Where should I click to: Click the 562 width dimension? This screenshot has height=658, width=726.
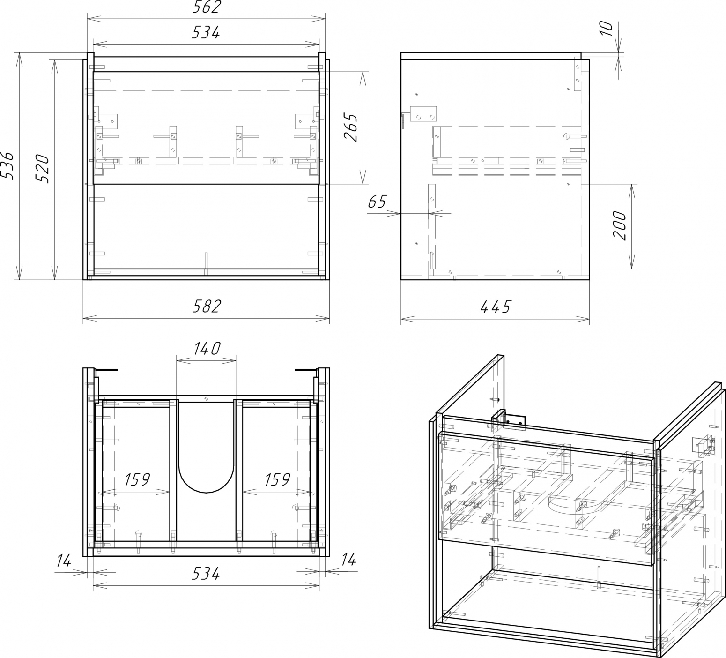point(206,8)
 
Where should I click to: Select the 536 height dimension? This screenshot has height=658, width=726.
point(8,166)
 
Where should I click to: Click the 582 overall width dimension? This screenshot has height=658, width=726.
point(206,307)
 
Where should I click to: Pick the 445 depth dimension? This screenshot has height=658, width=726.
point(495,307)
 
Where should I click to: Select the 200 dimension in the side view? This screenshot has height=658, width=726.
point(619,226)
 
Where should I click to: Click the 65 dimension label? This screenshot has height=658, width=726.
point(377,202)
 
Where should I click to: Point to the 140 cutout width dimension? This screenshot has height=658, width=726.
point(206,349)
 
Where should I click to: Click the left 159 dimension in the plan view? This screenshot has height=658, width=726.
point(137,480)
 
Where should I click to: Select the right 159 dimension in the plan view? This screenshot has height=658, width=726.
point(277,480)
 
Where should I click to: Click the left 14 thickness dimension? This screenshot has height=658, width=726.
point(64,560)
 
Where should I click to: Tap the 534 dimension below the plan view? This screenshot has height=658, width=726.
point(206,573)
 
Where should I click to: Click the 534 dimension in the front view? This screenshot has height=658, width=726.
point(206,33)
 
